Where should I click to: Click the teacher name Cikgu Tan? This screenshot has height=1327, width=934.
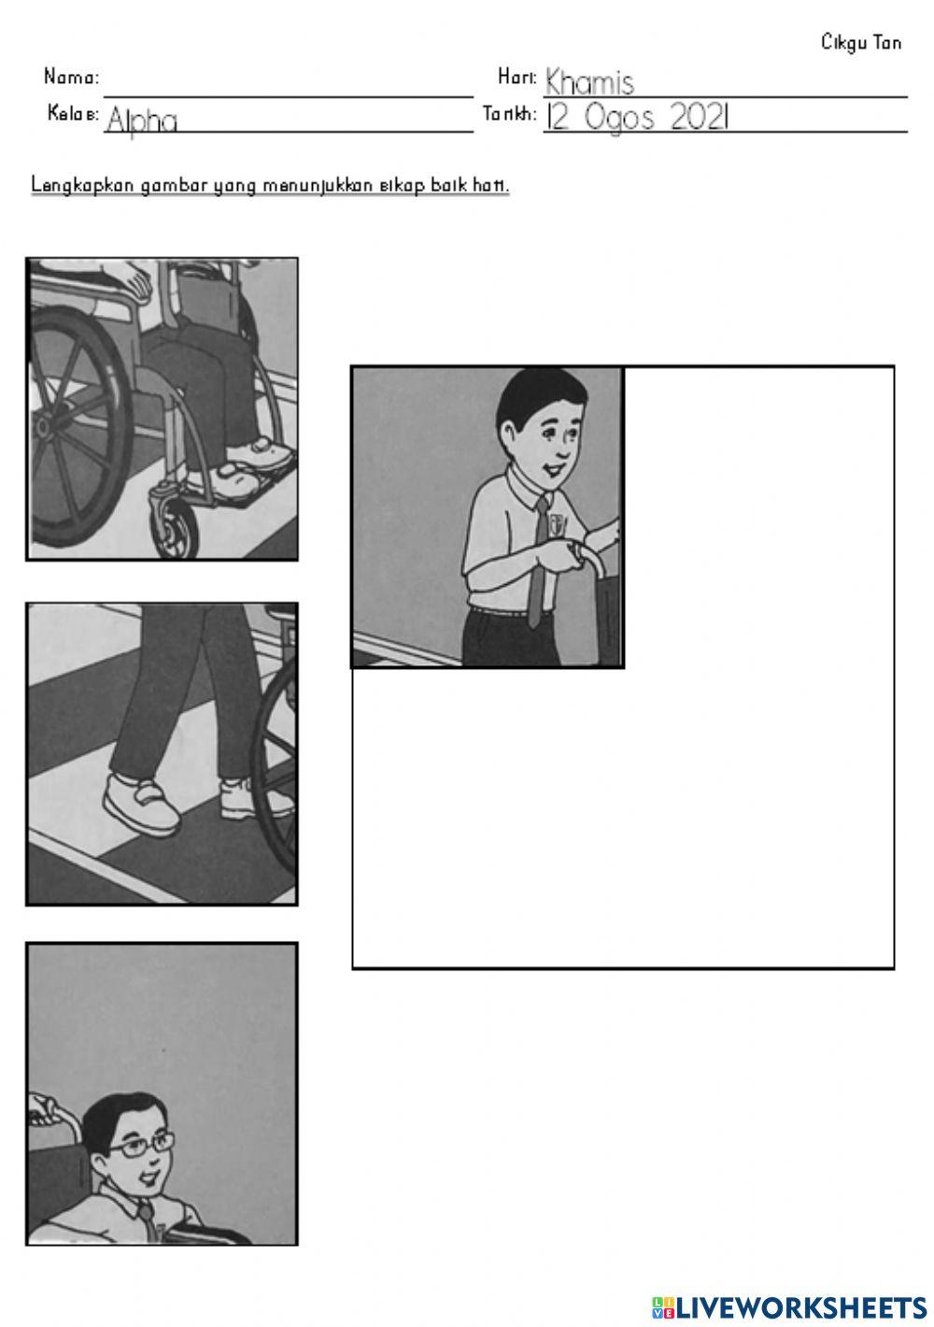coord(860,43)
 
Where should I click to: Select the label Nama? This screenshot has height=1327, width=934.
coord(71,77)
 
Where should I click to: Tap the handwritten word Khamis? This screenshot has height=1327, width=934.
coord(589,82)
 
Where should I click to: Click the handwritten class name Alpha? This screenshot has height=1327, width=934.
coord(142,120)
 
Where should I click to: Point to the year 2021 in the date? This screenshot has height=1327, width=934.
coord(700,117)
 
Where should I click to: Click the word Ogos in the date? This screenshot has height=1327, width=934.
coord(619,118)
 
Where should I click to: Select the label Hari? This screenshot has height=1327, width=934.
coord(517,77)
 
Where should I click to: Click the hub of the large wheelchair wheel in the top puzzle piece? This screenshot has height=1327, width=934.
coord(43,425)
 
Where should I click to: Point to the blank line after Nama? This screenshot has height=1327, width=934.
coord(289,96)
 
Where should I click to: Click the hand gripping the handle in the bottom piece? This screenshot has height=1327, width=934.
coord(43,1107)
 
